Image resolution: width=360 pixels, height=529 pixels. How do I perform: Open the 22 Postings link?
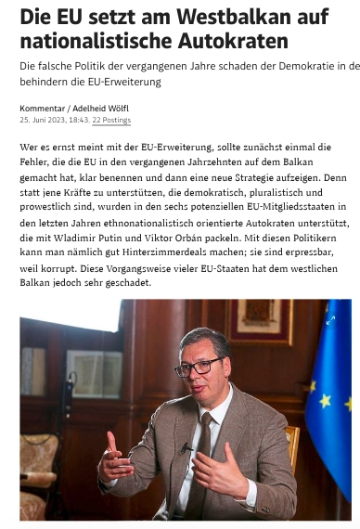111,121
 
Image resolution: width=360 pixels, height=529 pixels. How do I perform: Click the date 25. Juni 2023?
40,121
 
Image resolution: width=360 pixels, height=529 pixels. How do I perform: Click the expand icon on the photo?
330,319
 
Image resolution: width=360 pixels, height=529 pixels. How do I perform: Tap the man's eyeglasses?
198,367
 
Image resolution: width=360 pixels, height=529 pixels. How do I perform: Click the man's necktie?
199,464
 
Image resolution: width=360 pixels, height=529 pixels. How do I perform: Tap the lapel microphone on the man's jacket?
186,447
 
